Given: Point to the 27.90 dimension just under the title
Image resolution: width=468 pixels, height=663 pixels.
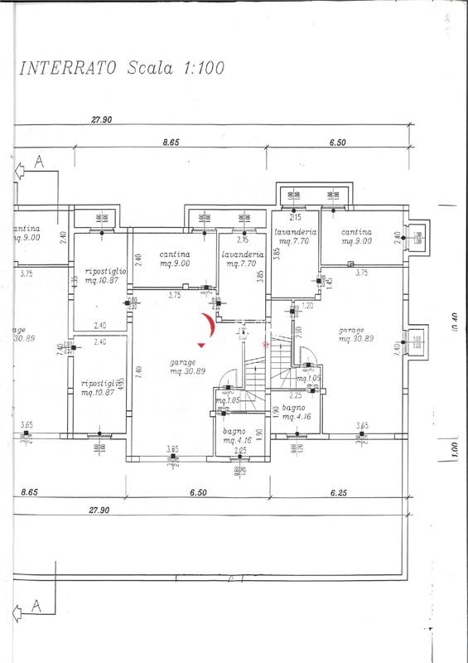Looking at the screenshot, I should point(101,121).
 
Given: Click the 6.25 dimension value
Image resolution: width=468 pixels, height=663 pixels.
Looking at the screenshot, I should point(337,492).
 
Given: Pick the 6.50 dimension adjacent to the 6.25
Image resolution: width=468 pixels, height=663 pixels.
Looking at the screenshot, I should point(197,492).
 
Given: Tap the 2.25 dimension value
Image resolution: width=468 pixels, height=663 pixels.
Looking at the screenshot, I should point(295,396).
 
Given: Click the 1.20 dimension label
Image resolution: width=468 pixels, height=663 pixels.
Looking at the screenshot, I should point(308,306).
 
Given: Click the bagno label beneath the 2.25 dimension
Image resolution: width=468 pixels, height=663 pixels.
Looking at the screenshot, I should point(294,408).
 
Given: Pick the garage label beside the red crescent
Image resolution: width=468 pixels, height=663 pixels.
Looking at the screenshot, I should point(182,363).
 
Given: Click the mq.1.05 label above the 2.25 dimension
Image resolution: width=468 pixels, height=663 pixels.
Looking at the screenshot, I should point(309,379).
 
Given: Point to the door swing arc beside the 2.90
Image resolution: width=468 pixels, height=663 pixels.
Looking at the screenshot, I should point(310,359).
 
